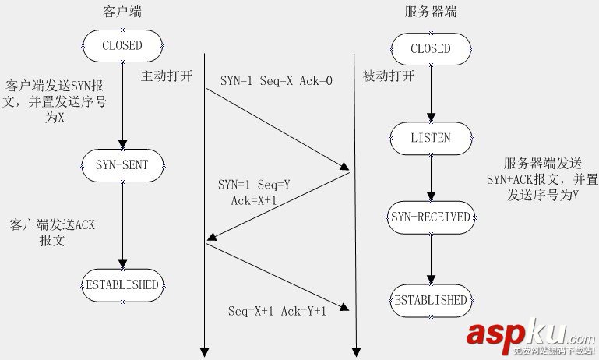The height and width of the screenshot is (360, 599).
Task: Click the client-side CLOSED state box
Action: coord(122,45)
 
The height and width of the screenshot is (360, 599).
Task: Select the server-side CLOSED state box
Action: coord(430,48)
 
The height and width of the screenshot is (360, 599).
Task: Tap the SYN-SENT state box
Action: coord(122,164)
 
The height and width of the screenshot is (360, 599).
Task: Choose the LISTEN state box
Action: coord(430,138)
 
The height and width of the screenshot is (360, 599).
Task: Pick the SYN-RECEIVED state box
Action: coord(430,217)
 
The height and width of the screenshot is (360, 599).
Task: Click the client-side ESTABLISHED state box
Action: coord(122,284)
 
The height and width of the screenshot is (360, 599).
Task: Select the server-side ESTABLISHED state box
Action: coord(430,300)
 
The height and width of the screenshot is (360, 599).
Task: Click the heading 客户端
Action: coord(122,12)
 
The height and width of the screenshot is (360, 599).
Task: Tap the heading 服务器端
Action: coord(430,12)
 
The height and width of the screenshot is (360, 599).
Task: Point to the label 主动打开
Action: coord(166,76)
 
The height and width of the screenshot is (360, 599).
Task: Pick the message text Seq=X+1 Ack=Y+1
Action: coord(277,311)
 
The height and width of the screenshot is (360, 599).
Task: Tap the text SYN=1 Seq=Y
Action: coord(254,185)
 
